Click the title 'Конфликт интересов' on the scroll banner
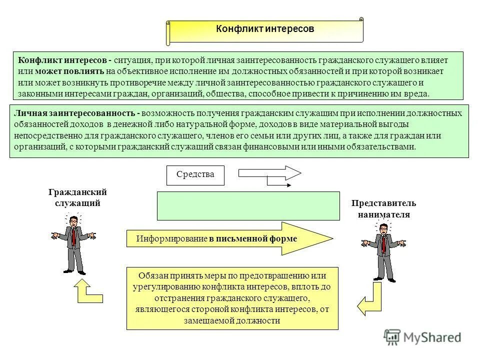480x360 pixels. (264, 29)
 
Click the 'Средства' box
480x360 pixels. (195, 175)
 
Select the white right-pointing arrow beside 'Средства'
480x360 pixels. (269, 173)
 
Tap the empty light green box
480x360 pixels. (248, 205)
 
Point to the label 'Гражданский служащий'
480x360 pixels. (77, 197)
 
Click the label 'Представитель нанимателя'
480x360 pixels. (383, 208)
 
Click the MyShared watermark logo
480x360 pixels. (422, 337)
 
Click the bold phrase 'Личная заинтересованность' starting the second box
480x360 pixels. (75, 113)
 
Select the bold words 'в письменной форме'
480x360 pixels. (253, 239)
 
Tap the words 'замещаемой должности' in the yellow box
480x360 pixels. (232, 320)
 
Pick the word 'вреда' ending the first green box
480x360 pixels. (418, 93)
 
